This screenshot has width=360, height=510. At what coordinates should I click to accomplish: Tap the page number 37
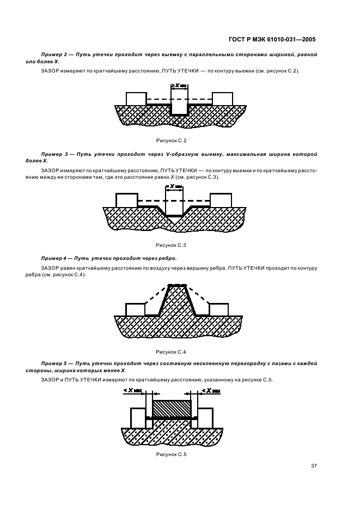coord(314,465)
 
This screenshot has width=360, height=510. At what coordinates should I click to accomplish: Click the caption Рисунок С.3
coord(171,245)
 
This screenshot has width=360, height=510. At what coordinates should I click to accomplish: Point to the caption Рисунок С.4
coord(171,351)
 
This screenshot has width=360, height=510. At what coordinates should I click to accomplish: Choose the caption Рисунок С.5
coord(171,454)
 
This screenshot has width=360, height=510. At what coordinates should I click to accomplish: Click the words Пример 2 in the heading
coord(52,56)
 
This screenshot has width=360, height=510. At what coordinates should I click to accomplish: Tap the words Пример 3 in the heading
coord(52,155)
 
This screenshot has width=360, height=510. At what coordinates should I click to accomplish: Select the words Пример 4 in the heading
coord(53,257)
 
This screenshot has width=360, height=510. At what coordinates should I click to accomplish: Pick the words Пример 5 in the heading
coord(52,363)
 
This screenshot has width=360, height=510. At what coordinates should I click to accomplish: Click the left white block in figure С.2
coord(136,99)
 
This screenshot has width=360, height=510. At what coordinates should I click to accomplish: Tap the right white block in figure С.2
coord(222,99)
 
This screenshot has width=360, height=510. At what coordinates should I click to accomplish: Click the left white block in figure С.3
coord(127,200)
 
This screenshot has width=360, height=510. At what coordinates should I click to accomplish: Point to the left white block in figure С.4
coord(135,309)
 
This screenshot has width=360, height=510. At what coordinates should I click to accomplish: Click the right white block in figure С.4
coord(218,309)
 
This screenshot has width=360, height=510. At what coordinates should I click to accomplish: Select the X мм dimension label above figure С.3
coord(175,186)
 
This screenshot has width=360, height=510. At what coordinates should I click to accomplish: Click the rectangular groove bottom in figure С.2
coord(179,114)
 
